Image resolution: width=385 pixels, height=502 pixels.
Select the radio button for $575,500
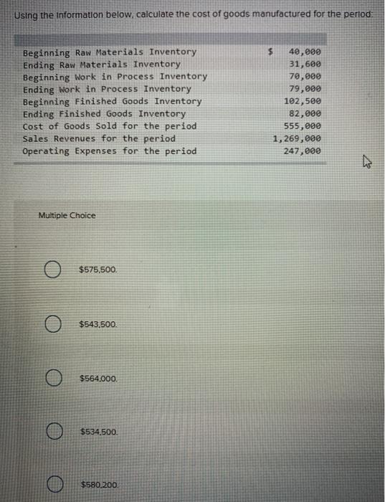pyautogui.click(x=51, y=270)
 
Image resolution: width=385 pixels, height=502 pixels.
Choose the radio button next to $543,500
pyautogui.click(x=51, y=324)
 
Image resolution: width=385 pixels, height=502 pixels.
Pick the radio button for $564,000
pyautogui.click(x=51, y=378)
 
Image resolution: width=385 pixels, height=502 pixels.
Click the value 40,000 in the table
pyautogui.click(x=305, y=52)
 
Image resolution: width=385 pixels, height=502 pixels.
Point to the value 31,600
pyautogui.click(x=305, y=64)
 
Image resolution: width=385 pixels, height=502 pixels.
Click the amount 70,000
pyautogui.click(x=305, y=76)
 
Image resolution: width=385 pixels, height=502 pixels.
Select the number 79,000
pyautogui.click(x=305, y=89)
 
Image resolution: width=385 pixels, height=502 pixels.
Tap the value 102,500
pyautogui.click(x=302, y=101)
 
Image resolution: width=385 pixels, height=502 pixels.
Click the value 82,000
pyautogui.click(x=305, y=113)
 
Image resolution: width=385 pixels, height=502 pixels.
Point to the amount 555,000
pyautogui.click(x=302, y=126)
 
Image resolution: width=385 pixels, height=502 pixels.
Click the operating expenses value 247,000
pyautogui.click(x=302, y=151)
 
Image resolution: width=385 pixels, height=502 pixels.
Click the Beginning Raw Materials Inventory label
pyautogui.click(x=110, y=52)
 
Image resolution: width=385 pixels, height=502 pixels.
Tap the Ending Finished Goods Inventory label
pyautogui.click(x=105, y=113)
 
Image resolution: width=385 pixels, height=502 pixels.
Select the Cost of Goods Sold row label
pyautogui.click(x=110, y=126)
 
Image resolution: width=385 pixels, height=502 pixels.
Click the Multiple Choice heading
pyautogui.click(x=67, y=215)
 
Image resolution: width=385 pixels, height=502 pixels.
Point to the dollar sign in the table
pyautogui.click(x=270, y=52)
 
